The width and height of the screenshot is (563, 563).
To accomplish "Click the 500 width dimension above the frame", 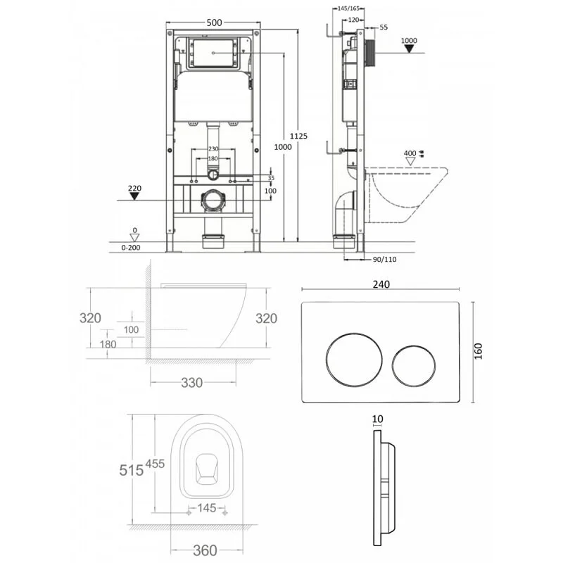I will point(215,23).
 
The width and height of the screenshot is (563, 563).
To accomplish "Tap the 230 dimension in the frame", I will point(214,148).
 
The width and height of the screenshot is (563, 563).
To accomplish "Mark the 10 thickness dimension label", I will point(378,419).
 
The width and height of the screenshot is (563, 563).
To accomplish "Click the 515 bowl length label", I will point(131,469).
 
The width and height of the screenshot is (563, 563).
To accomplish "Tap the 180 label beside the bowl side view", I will point(108,345).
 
